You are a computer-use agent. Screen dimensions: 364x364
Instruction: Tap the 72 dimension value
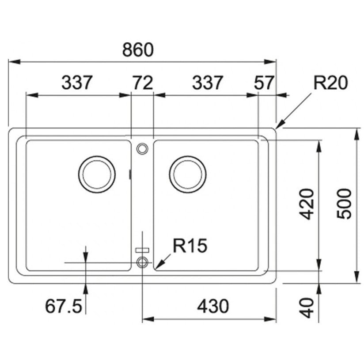pyautogui.click(x=142, y=83)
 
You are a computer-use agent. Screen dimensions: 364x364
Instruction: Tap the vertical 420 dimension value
pyautogui.click(x=306, y=204)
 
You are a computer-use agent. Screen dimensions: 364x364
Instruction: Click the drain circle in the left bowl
pyautogui.click(x=97, y=174)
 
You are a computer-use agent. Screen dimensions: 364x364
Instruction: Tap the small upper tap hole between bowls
pyautogui.click(x=142, y=149)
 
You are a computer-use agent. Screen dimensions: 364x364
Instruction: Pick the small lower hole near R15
pyautogui.click(x=142, y=262)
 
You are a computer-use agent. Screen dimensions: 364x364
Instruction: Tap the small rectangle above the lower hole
pyautogui.click(x=142, y=250)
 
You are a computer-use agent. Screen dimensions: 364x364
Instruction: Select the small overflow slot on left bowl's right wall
pyautogui.click(x=129, y=174)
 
